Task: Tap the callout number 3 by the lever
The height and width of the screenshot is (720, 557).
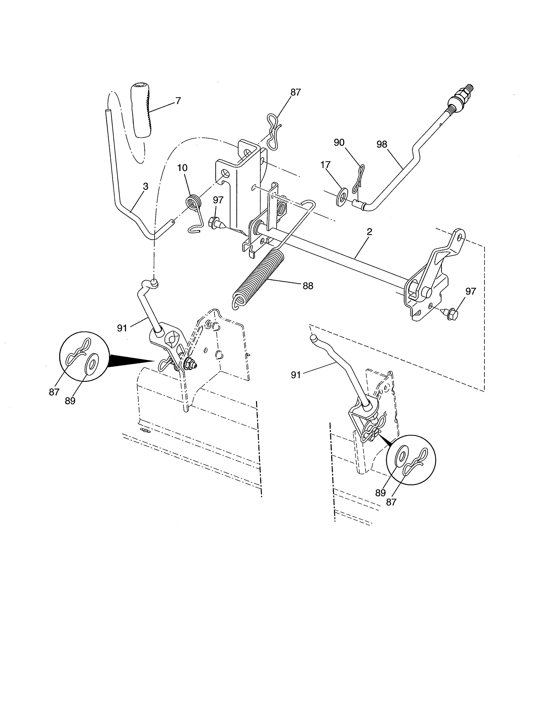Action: (x=145, y=186)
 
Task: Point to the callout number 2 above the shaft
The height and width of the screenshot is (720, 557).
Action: (x=369, y=232)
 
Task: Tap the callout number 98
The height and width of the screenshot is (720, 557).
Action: (x=382, y=144)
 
